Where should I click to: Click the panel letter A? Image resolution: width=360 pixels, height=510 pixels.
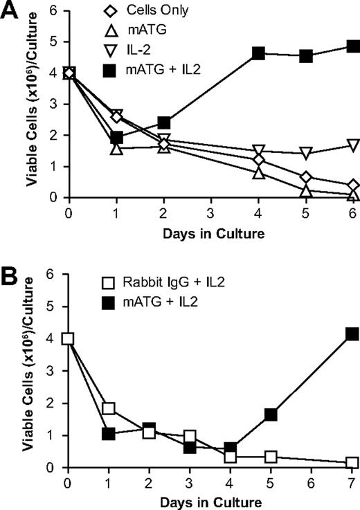click(x=10, y=12)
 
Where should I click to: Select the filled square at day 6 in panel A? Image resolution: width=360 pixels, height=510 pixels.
click(x=353, y=46)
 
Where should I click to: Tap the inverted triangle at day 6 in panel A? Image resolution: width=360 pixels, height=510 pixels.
click(x=353, y=145)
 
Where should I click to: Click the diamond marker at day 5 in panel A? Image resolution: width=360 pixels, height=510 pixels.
click(x=305, y=177)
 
